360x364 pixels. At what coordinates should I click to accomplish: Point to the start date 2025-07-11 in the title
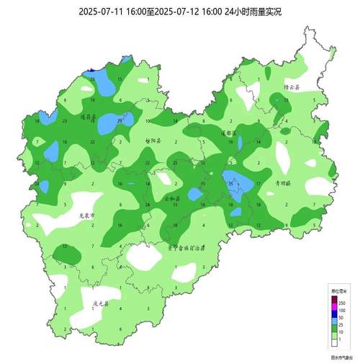point(101,12)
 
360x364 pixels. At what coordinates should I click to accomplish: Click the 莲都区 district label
point(228,133)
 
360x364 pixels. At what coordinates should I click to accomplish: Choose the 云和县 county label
point(174,197)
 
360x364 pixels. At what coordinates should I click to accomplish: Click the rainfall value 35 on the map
point(230,183)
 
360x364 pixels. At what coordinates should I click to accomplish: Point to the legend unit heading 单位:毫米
point(337,290)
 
